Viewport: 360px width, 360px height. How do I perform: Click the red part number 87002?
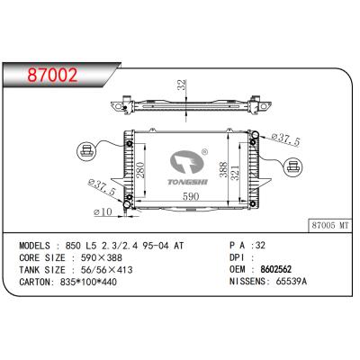pos(52,75)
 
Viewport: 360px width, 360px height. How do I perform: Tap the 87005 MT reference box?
pos(330,225)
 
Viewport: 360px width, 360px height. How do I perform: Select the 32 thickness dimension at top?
pos(182,85)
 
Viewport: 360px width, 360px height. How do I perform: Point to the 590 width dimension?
pos(191,196)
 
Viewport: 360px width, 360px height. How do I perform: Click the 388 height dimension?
pos(223,169)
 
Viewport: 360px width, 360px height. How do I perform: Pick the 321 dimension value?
pos(236,173)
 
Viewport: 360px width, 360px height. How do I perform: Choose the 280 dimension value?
pos(140,170)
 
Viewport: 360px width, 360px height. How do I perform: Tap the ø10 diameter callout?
pos(103,212)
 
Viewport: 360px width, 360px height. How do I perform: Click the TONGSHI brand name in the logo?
pos(187,182)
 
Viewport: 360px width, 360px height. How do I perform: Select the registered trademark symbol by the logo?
pos(204,152)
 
